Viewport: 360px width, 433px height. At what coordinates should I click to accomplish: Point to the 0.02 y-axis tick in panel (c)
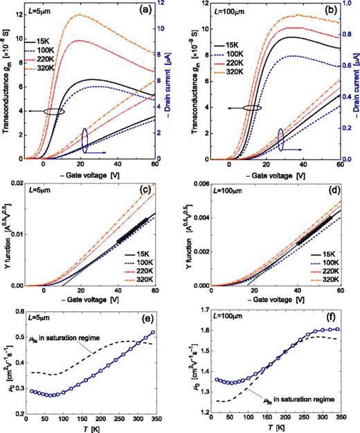point(16,182)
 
